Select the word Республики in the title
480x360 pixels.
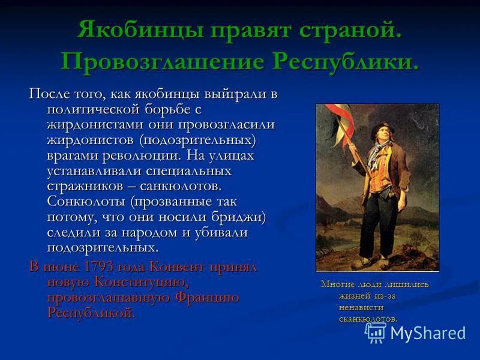tap(346, 62)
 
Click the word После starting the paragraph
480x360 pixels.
tap(49, 94)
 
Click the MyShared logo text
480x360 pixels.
tap(427, 334)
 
